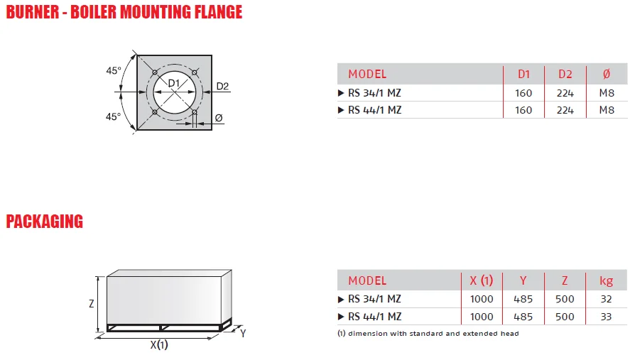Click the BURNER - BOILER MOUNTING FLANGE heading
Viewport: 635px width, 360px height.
124,12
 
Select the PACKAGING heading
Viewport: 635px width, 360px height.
44,222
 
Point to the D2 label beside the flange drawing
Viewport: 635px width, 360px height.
222,87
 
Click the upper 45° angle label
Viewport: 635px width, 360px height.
114,70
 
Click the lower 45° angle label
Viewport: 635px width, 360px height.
114,116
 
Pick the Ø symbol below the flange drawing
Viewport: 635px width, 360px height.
218,117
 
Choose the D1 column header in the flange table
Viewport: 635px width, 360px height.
523,74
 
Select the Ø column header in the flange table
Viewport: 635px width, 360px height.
606,74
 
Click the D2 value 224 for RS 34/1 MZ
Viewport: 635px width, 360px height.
565,92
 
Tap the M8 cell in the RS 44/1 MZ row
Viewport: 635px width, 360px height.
606,110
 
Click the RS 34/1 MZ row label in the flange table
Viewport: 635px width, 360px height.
374,92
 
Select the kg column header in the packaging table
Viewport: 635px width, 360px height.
606,280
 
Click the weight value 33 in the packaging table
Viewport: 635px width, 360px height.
606,317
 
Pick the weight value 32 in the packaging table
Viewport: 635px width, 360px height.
606,299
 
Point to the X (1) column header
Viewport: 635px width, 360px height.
482,280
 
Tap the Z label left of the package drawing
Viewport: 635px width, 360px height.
92,303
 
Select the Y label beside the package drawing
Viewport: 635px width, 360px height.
242,332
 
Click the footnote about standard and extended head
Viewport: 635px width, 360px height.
428,333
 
